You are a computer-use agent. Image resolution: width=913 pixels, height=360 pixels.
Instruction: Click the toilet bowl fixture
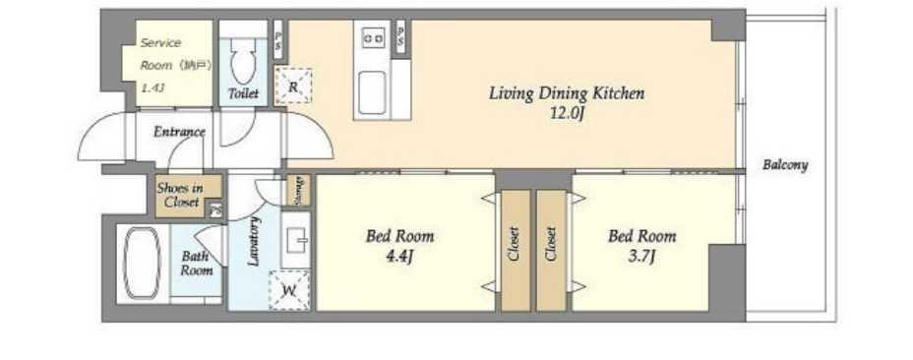click(243, 61)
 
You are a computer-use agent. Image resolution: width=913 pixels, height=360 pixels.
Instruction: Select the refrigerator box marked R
click(293, 87)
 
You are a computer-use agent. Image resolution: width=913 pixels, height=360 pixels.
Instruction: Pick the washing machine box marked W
click(289, 290)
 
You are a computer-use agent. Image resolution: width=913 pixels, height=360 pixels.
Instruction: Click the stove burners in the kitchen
click(373, 39)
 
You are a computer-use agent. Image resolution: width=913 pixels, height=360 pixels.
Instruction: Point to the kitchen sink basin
click(372, 92)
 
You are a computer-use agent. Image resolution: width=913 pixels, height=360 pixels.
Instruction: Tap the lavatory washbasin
click(296, 239)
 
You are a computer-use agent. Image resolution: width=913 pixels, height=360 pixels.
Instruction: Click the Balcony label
click(785, 165)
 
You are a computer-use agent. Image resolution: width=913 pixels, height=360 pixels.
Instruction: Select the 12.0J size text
click(566, 113)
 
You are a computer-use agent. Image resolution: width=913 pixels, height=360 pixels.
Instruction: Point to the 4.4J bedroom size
click(399, 256)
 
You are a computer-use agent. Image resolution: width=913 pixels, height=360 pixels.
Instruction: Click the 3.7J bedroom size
click(641, 256)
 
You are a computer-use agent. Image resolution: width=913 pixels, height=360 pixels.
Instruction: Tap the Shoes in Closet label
click(181, 196)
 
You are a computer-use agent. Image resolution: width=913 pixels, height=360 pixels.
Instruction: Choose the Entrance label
click(179, 132)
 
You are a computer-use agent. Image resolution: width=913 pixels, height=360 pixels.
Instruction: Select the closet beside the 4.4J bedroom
click(516, 251)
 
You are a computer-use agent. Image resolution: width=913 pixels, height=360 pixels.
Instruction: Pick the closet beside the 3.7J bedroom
click(551, 251)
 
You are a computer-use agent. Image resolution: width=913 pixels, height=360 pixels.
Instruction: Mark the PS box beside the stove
click(400, 36)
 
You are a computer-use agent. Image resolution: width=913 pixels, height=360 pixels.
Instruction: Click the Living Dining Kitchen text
click(567, 93)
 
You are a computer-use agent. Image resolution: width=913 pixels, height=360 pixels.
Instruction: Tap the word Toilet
click(243, 93)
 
